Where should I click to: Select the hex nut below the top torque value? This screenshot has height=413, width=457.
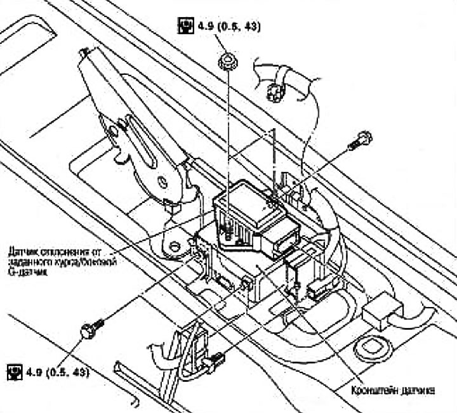coord(225,62)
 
